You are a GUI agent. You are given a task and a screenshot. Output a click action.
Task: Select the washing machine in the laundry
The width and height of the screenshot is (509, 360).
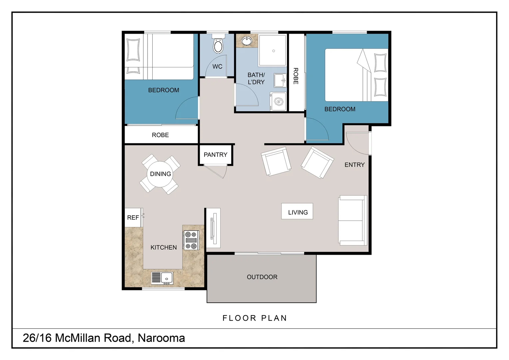pos(278,101)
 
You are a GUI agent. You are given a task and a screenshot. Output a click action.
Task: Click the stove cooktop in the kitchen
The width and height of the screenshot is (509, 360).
pos(191,240)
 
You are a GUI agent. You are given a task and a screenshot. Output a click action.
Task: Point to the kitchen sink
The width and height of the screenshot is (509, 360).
pos(163,278)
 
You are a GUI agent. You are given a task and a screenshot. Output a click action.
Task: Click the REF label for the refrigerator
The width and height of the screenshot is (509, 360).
pos(133,218)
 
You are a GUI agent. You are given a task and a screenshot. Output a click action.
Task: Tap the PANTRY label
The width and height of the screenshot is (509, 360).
pos(216,155)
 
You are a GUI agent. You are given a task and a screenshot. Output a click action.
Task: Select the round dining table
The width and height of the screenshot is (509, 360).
pos(160,174)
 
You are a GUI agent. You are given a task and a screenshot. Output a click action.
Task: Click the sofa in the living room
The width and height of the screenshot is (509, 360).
pos(352,220)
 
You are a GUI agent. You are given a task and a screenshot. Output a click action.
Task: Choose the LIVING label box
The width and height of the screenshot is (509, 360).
pos(297,212)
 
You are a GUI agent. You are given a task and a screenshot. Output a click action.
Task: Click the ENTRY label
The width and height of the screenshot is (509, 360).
pos(354,165)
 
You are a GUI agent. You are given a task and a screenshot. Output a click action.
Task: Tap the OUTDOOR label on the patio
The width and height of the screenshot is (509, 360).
pos(262,277)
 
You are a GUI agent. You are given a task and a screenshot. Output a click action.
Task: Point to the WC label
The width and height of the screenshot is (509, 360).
pos(217,67)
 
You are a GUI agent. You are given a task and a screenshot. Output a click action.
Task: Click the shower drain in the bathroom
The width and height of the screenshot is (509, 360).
pos(273,51)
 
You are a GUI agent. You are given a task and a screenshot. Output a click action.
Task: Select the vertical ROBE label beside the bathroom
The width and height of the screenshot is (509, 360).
pos(295,76)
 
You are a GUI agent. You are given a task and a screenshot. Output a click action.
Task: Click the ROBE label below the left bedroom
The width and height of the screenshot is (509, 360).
pos(160,135)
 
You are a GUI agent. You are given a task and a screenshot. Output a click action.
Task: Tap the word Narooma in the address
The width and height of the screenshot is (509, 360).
pos(161,338)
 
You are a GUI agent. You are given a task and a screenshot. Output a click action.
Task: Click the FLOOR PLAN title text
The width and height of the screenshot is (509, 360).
pos(254,318)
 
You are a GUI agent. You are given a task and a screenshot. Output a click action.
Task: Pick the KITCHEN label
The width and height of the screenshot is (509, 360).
pos(164,247)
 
